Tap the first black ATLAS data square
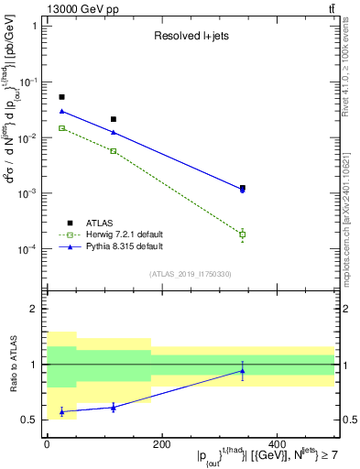coord(61,97)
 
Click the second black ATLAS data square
coord(114,119)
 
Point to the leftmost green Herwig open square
coord(61,128)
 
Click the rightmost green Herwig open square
coord(243,234)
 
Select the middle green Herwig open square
coord(114,150)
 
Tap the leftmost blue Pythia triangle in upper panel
coord(61,111)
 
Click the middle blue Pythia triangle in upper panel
coord(114,132)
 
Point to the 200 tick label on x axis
coord(161,444)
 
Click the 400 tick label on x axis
coord(277,444)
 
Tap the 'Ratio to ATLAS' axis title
coord(13,364)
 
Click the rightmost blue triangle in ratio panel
coord(243,371)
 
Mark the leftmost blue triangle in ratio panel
coord(61,411)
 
